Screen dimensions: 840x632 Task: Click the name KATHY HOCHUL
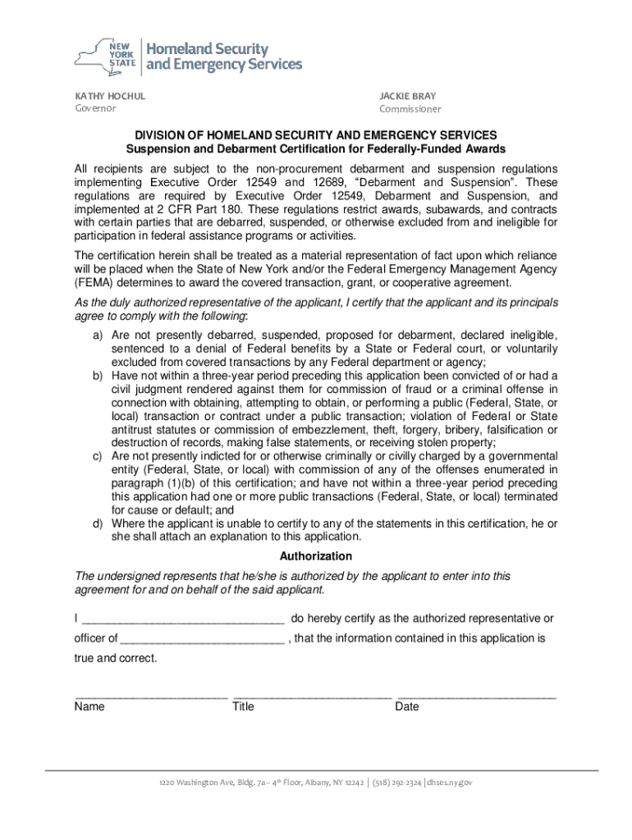(x=110, y=96)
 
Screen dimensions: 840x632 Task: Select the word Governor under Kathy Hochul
(x=96, y=109)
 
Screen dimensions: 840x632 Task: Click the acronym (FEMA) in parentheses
(x=93, y=282)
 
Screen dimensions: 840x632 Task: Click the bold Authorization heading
(x=316, y=556)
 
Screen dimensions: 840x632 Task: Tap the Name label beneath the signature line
(x=89, y=707)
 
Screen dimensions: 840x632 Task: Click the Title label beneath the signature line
(x=244, y=707)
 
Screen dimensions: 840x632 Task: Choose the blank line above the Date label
(x=476, y=696)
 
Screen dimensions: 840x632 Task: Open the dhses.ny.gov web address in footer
(x=450, y=783)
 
